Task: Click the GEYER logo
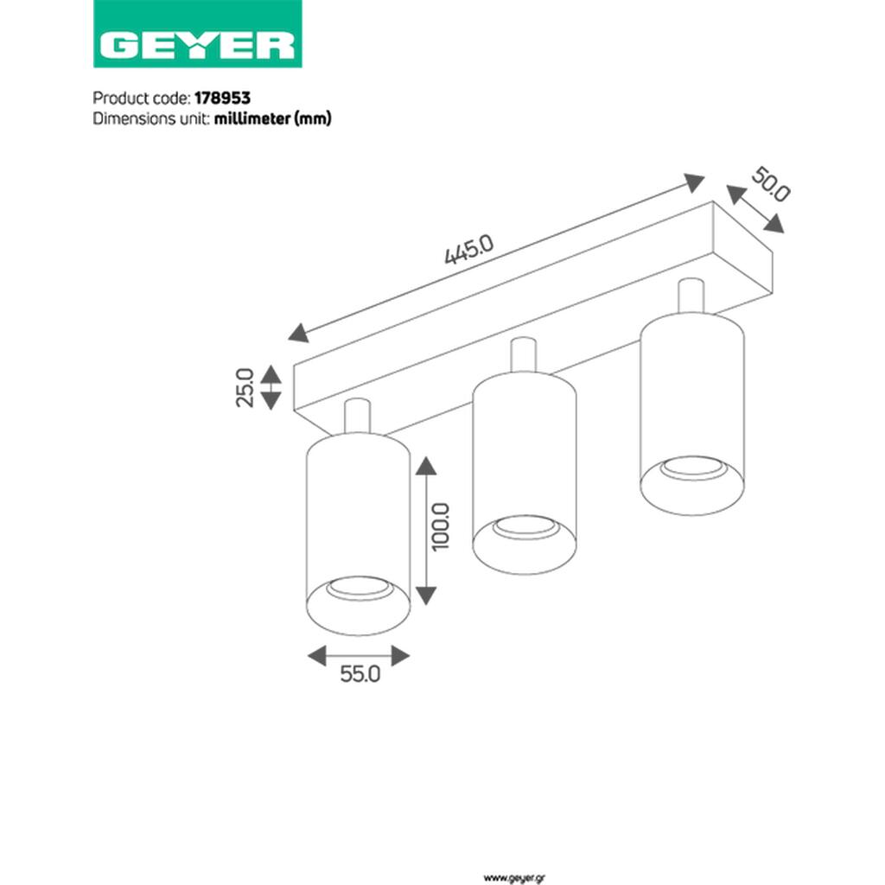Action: pos(198,34)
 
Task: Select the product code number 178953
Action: pos(222,99)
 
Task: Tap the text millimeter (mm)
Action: pos(272,118)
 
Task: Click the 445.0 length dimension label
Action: pos(469,249)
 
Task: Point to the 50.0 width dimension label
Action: pos(770,185)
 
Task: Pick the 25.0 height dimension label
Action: pos(245,387)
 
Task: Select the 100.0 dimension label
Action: pos(440,526)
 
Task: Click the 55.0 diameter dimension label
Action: pos(360,674)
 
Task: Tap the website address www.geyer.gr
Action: pos(515,878)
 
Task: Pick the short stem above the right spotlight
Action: pos(691,296)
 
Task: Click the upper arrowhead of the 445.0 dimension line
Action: pos(694,182)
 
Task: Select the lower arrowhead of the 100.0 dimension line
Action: pos(426,595)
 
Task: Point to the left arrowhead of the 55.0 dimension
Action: pos(316,656)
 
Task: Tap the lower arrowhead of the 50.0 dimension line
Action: pos(774,224)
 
